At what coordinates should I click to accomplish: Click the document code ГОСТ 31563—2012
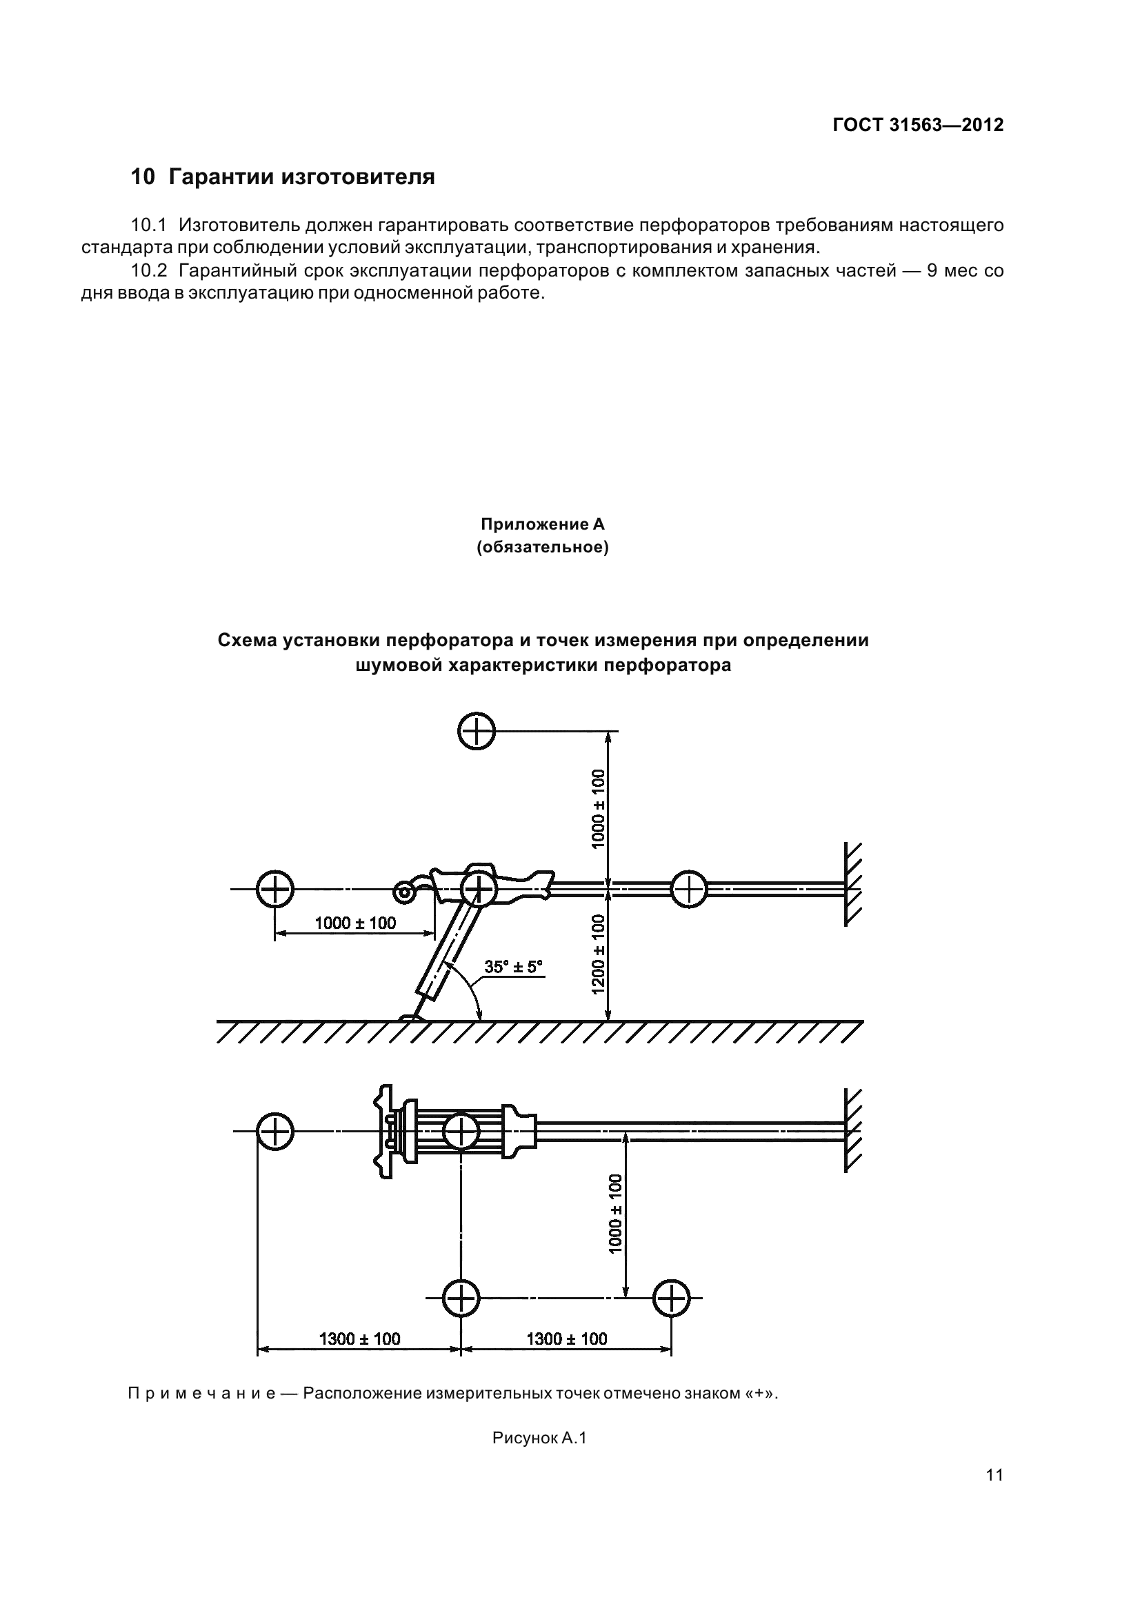click(x=918, y=125)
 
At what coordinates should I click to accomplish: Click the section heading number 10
click(x=143, y=177)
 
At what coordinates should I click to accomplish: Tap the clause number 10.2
click(x=149, y=271)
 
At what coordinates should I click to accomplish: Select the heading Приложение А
click(x=542, y=525)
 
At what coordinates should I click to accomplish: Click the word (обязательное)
click(x=542, y=548)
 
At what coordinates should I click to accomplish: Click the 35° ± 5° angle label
click(x=514, y=967)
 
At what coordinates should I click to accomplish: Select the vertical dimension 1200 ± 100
click(x=599, y=954)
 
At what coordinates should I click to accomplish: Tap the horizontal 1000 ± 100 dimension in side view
click(x=354, y=923)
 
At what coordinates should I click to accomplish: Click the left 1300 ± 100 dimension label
click(x=359, y=1339)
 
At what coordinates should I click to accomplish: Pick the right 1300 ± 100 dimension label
click(x=567, y=1339)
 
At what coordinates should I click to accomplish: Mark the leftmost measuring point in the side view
click(x=274, y=890)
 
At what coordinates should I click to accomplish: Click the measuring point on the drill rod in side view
click(x=688, y=890)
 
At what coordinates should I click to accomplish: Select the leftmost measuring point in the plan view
click(x=274, y=1132)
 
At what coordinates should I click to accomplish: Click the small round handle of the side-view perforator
click(x=404, y=893)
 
